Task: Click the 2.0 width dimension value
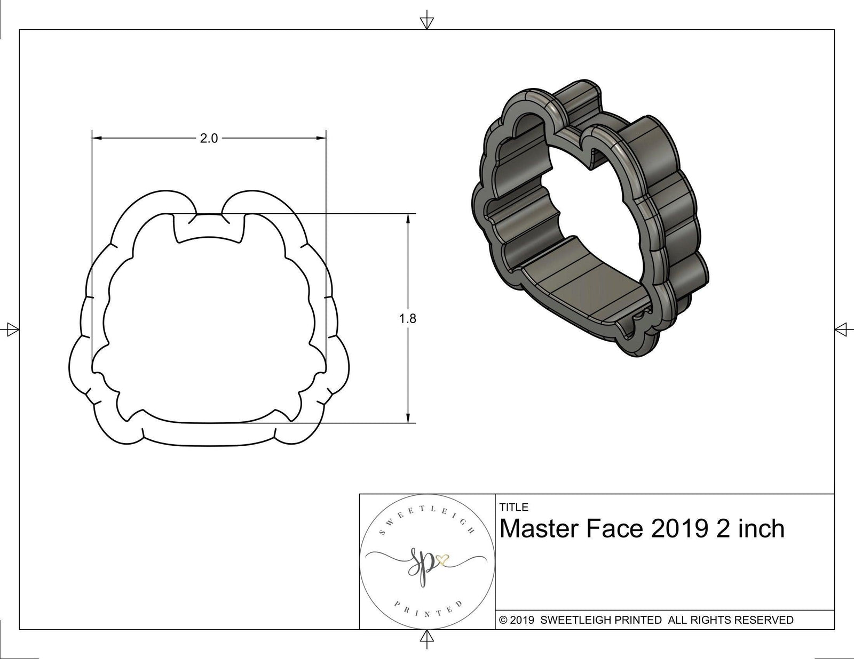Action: coord(209,139)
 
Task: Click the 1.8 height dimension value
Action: coord(407,319)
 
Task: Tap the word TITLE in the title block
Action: coord(513,508)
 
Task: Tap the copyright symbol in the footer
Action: coord(502,620)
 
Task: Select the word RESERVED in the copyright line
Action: coord(764,620)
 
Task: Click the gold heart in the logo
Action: coord(441,559)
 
